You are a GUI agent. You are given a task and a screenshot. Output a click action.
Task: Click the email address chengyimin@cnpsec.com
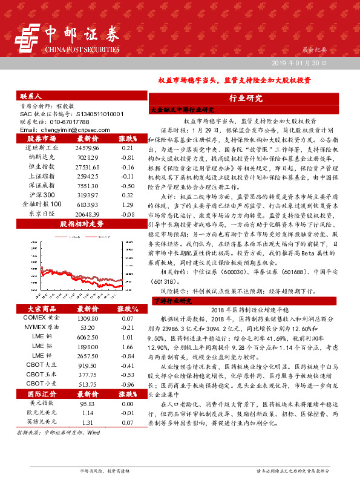coord(63,130)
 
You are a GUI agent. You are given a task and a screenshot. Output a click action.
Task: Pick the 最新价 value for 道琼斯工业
coord(87,148)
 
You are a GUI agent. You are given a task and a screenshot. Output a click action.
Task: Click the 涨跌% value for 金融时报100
coord(127,222)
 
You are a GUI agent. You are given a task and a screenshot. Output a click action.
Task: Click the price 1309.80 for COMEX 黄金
coord(87,318)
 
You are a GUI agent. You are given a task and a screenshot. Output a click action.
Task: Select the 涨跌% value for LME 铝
coord(127,346)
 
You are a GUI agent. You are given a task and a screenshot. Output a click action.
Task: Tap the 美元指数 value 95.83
coord(87,402)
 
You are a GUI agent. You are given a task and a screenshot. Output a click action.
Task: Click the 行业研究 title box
coord(246,98)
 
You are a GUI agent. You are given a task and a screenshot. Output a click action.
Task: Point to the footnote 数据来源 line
coord(59,433)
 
